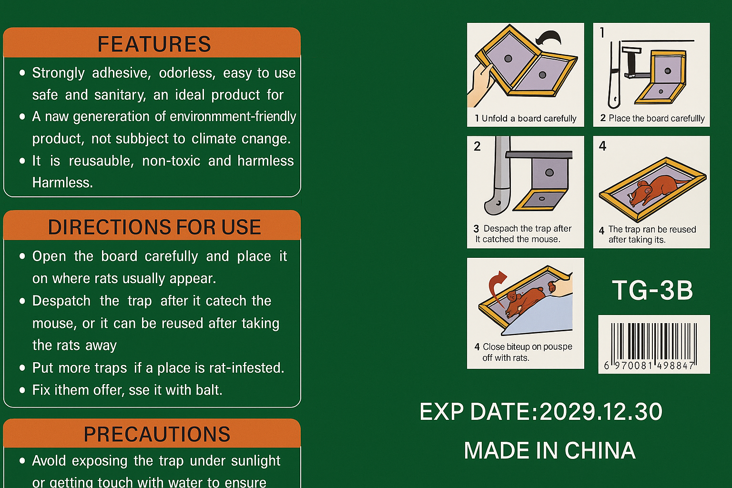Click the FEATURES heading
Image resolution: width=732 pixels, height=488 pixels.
[x=154, y=44]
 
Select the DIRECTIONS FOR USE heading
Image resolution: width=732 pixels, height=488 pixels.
[x=154, y=227]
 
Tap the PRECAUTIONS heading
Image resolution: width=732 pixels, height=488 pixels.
[x=157, y=434]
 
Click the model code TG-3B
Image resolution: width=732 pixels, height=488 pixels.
[x=652, y=290]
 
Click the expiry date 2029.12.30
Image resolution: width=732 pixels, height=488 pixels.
[x=600, y=411]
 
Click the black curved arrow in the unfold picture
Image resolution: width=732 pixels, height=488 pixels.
[x=549, y=38]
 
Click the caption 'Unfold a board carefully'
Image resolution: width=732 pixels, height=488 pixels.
[x=529, y=118]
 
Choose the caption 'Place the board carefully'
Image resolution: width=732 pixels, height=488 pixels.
[x=657, y=118]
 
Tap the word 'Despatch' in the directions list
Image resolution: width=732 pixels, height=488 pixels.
[x=61, y=301]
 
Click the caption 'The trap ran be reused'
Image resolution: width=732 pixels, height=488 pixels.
[x=652, y=229]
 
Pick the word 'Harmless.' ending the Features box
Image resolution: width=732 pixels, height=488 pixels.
[x=62, y=183]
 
